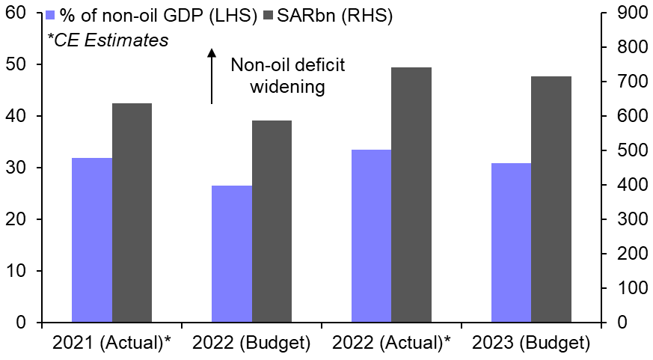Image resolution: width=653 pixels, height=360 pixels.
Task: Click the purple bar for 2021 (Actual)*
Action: (x=91, y=240)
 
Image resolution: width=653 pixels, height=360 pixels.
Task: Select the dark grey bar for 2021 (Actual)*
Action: (x=132, y=213)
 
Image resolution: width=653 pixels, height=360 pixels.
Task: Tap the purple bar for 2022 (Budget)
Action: (x=232, y=254)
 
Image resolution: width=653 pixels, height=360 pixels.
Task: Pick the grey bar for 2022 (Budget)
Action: (x=272, y=222)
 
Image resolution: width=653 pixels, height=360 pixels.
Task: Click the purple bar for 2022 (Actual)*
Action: (x=371, y=236)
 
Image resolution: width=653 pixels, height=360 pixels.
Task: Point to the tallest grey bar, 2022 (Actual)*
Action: (x=411, y=195)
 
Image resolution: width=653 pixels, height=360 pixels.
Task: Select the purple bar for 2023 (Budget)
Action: (x=511, y=242)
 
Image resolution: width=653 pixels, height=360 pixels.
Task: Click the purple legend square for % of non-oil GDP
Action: (x=51, y=16)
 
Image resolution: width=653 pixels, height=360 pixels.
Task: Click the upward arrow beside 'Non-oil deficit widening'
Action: (x=212, y=76)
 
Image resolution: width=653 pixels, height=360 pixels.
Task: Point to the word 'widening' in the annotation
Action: (x=287, y=87)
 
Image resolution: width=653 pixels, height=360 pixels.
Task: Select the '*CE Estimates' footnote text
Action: (x=108, y=40)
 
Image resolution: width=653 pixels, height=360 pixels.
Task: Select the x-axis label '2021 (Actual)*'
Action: (x=113, y=344)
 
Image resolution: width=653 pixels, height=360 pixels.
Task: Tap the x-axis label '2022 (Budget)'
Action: (x=251, y=344)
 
